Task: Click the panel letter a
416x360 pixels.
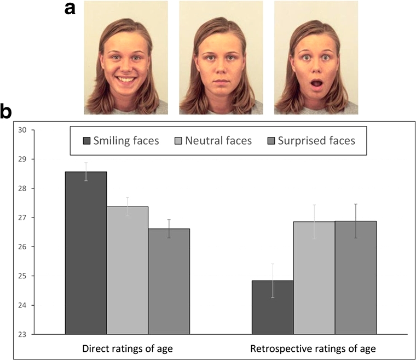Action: (70, 9)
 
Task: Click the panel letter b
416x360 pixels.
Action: (7, 112)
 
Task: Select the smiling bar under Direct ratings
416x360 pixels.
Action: (86, 252)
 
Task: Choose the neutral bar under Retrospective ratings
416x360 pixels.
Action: (314, 277)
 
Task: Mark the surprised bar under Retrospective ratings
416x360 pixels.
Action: (356, 277)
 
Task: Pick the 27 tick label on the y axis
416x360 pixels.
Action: (22, 218)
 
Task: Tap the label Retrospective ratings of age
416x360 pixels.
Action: (313, 348)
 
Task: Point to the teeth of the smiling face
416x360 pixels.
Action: (125, 80)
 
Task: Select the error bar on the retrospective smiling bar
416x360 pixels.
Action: (272, 281)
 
